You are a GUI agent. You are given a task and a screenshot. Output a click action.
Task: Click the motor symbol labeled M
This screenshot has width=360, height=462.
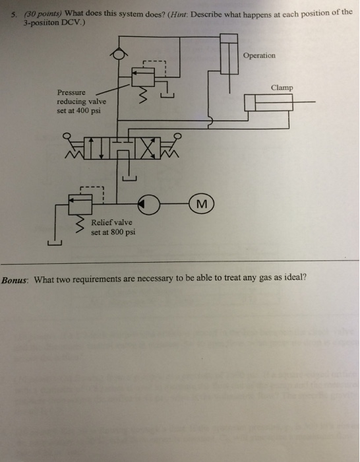pyautogui.click(x=201, y=203)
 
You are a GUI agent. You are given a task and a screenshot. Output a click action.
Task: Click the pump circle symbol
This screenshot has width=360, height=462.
pyautogui.click(x=149, y=204)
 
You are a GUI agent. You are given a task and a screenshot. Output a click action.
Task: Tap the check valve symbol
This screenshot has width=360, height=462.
pyautogui.click(x=119, y=54)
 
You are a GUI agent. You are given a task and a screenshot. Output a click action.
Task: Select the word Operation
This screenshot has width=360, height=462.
pyautogui.click(x=259, y=55)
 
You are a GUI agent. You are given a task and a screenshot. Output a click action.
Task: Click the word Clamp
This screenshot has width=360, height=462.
pyautogui.click(x=282, y=88)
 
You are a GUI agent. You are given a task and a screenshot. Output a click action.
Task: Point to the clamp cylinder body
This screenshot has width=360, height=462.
pyautogui.click(x=268, y=102)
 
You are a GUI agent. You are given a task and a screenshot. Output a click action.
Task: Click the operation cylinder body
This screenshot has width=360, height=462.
pyautogui.click(x=229, y=54)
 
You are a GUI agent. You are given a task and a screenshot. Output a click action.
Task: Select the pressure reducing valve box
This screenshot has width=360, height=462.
pyautogui.click(x=143, y=77)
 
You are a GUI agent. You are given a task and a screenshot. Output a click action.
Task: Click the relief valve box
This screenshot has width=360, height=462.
pyautogui.click(x=80, y=204)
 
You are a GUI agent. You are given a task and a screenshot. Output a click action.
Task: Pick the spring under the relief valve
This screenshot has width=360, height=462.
pyautogui.click(x=80, y=224)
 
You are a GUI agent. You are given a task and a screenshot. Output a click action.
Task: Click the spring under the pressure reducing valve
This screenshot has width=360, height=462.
pyautogui.click(x=143, y=95)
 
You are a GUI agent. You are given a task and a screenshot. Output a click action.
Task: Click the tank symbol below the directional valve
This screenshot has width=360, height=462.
pyautogui.click(x=129, y=178)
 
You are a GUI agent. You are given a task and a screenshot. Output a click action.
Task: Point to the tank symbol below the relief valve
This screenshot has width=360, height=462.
pyautogui.click(x=55, y=243)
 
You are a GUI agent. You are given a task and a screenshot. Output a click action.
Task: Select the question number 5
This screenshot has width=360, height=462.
pyautogui.click(x=14, y=15)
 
